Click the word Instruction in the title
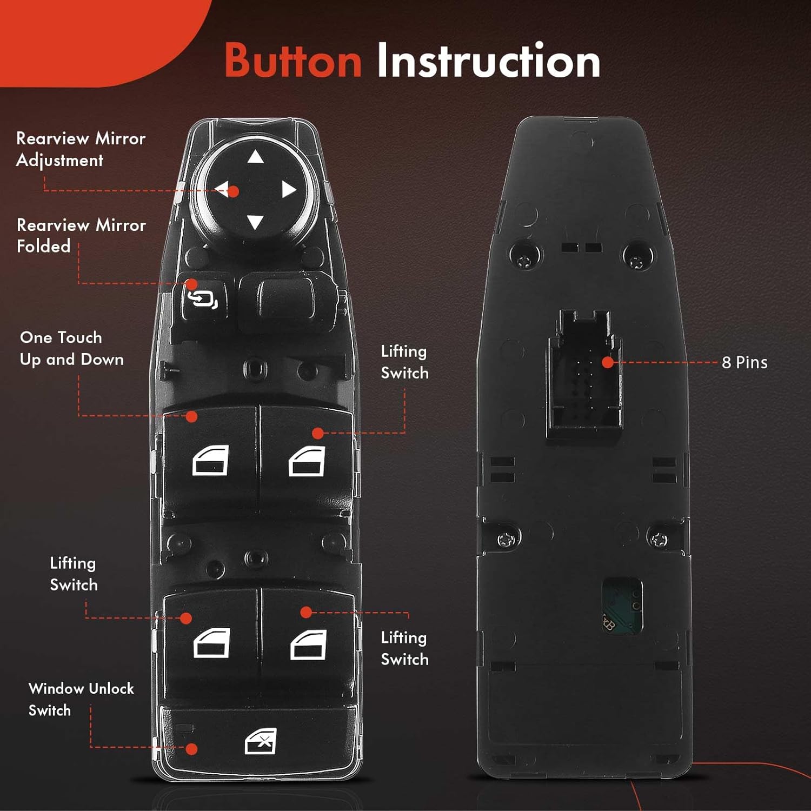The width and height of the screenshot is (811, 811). click(488, 61)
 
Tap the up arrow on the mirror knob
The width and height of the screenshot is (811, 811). click(255, 157)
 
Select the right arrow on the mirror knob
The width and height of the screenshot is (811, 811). click(289, 190)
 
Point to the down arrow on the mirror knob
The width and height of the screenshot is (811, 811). click(255, 222)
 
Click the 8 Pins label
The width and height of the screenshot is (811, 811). click(744, 362)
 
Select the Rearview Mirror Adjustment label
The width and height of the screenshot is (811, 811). click(81, 149)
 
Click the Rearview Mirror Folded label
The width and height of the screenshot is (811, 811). click(81, 235)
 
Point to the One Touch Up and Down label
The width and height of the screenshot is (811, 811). click(71, 348)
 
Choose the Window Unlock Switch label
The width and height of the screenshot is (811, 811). click(81, 699)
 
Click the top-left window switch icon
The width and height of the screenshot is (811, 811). click(210, 461)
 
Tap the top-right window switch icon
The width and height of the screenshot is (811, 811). click(307, 462)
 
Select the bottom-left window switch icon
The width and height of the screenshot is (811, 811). click(211, 643)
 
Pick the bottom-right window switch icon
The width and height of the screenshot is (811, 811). click(308, 644)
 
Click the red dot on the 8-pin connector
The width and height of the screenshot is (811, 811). click(608, 362)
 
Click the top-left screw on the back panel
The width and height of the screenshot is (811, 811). click(524, 262)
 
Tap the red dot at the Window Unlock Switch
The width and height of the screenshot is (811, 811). click(191, 749)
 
